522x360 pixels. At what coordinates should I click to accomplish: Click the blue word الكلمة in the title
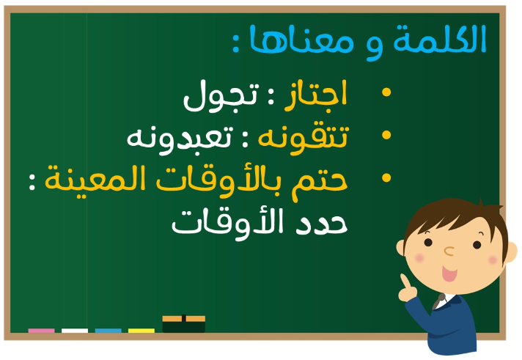coord(439,40)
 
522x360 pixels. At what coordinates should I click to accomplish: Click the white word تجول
coord(221,97)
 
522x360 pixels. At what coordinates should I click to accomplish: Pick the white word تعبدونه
coord(179,140)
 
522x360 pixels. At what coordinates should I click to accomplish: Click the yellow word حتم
coord(320,183)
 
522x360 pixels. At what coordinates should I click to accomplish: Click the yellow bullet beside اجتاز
coord(386,92)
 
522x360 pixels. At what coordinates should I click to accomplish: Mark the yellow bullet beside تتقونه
coord(386,135)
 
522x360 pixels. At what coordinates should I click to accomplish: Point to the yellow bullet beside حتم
coord(386,177)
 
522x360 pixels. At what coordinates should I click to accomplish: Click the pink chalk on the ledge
coord(41,331)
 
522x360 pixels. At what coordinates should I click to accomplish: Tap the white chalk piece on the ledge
coord(75,331)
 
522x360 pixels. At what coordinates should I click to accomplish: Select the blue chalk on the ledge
coord(109,331)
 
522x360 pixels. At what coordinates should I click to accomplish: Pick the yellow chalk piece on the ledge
coord(141,331)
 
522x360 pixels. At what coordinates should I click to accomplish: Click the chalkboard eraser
coord(184,323)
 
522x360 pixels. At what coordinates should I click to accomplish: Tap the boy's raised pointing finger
coord(405,282)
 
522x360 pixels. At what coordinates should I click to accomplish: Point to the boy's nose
coord(449,251)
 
